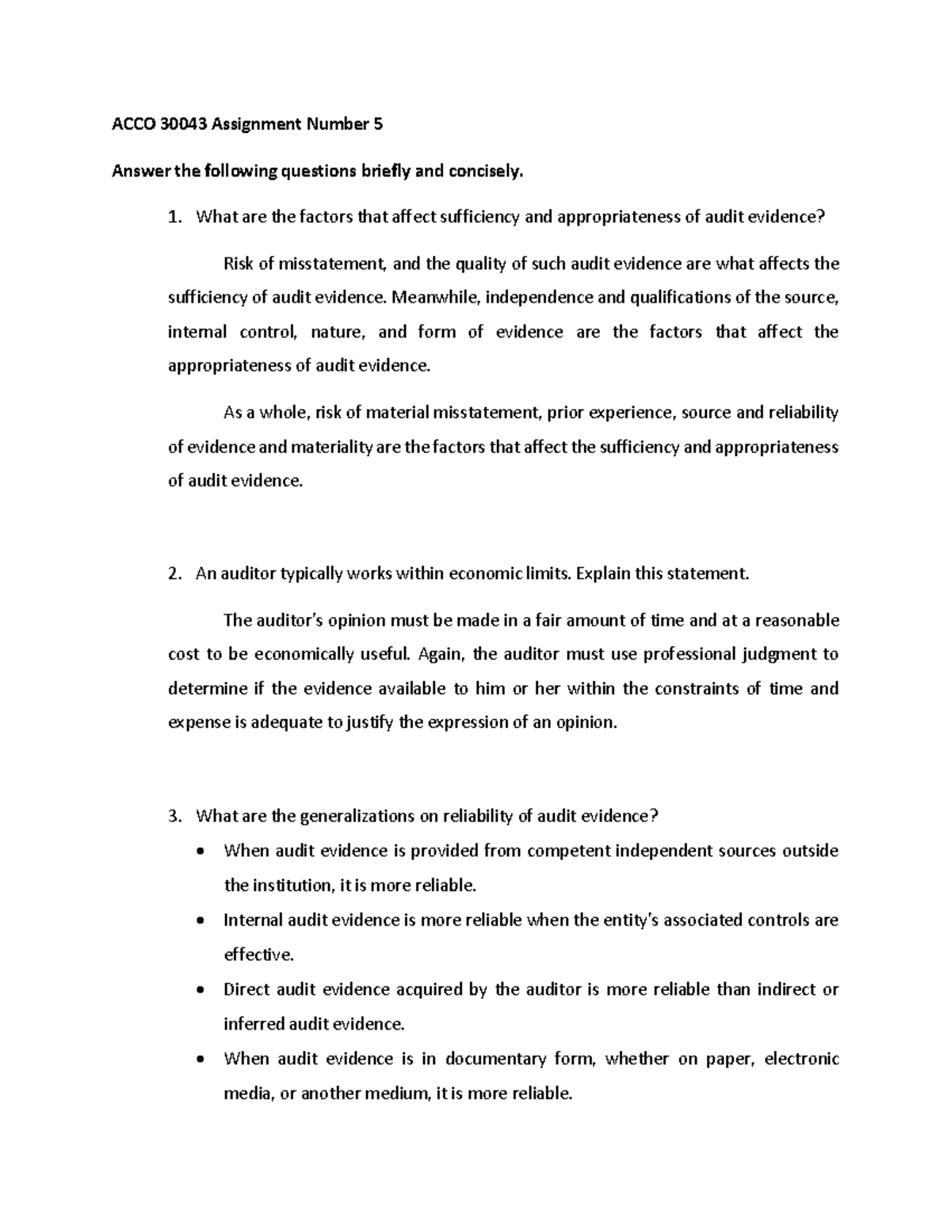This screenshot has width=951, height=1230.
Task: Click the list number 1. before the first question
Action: pyautogui.click(x=175, y=217)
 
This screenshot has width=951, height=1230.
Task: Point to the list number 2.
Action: pyautogui.click(x=175, y=573)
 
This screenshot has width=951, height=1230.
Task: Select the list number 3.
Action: pyautogui.click(x=175, y=816)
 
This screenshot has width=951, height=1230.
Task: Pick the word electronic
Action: pyautogui.click(x=801, y=1059)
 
